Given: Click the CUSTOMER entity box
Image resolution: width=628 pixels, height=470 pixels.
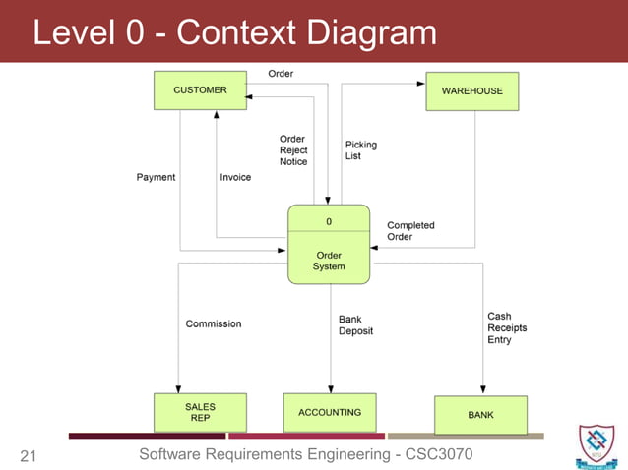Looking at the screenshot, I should point(200,90).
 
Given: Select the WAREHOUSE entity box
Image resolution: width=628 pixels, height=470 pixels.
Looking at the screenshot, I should point(471,90).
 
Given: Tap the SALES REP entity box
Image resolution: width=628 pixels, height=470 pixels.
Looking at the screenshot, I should point(200,412).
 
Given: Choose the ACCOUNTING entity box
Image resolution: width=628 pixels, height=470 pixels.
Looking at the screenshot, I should point(330,412).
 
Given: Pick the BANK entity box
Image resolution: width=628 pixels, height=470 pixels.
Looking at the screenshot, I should point(480,415).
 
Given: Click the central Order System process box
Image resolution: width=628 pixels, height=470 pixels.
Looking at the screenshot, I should point(329,245).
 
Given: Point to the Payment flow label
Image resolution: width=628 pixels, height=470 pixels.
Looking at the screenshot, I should point(156,178).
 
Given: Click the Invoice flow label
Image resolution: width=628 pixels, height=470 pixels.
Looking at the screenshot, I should point(235,178).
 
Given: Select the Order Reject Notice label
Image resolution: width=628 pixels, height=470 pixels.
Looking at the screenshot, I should point(293,150).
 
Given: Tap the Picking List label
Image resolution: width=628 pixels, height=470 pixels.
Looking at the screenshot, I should point(360,150).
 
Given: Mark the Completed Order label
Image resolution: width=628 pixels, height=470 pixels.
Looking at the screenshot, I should point(410,231).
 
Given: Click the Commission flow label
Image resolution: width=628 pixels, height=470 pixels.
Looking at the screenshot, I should point(214,323).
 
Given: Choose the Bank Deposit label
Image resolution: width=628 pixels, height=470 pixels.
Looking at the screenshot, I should point(355,325).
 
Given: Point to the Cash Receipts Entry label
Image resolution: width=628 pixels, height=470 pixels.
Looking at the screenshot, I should point(500,328).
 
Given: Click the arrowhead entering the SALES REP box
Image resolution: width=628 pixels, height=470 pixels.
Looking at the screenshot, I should point(178,389).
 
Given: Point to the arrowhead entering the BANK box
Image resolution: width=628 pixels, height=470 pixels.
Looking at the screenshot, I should point(482,391).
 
